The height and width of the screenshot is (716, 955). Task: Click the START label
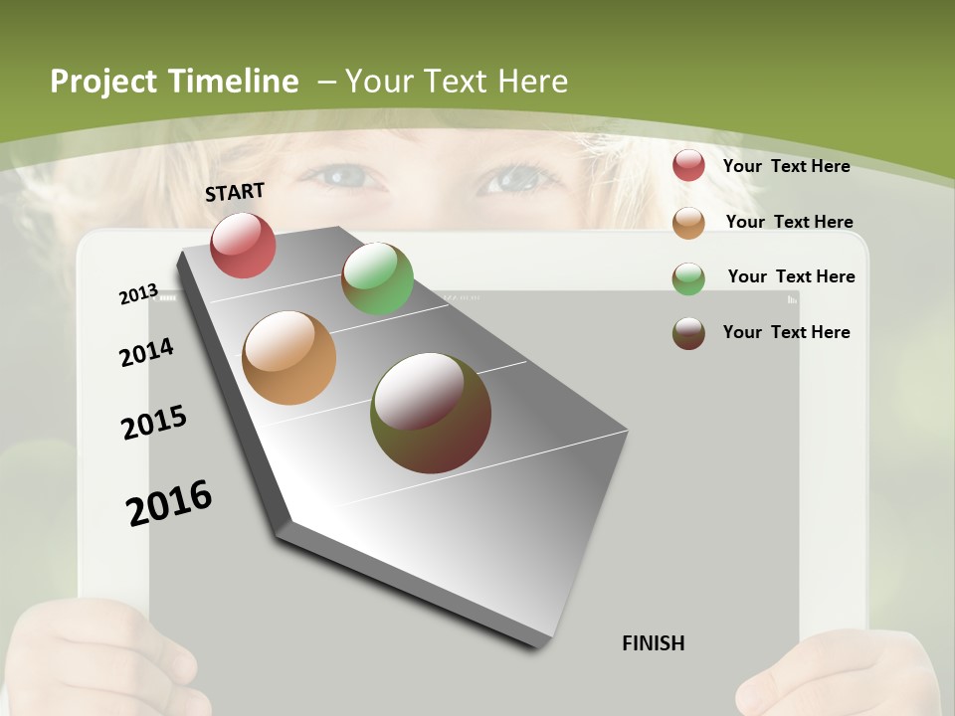235,192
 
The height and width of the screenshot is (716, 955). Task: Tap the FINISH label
654,643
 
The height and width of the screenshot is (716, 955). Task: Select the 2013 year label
138,294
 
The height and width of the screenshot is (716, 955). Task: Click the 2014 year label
146,353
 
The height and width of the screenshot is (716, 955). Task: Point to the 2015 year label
154,423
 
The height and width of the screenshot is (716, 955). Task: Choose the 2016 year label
169,502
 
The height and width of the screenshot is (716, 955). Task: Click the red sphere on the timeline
244,245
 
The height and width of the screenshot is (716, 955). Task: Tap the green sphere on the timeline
377,278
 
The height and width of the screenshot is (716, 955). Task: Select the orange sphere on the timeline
288,358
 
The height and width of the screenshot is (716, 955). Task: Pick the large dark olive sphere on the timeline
431,412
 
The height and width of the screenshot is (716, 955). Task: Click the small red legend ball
688,165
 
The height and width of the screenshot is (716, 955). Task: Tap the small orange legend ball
688,223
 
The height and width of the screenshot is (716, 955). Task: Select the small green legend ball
688,278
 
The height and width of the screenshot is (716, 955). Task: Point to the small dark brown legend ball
688,333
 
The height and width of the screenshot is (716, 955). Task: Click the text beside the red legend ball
786,166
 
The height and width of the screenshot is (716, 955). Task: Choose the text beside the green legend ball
791,276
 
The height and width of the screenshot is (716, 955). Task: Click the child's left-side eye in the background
343,178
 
